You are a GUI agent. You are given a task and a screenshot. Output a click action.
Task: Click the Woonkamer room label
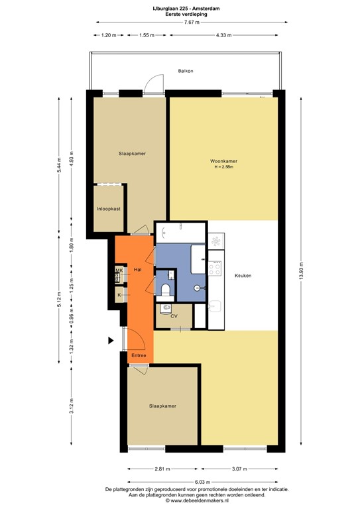pyautogui.click(x=224, y=161)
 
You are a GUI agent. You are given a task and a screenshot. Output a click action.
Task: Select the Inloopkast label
pyautogui.click(x=108, y=209)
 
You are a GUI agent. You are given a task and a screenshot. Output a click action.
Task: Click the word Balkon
pyautogui.click(x=185, y=70)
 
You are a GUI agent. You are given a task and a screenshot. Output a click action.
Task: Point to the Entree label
pyautogui.click(x=138, y=356)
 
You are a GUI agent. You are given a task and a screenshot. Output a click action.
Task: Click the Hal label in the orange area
pyautogui.click(x=138, y=270)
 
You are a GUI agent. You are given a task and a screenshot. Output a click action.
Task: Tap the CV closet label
pyautogui.click(x=174, y=316)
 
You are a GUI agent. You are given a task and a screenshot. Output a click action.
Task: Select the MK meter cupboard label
pyautogui.click(x=119, y=270)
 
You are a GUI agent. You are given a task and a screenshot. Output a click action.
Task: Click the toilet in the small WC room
pyautogui.click(x=166, y=289)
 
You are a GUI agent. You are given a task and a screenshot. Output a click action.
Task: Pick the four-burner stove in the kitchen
pyautogui.click(x=216, y=268)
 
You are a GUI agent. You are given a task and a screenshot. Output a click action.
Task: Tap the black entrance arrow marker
pyautogui.click(x=111, y=341)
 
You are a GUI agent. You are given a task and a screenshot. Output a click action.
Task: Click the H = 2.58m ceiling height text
pyautogui.click(x=224, y=168)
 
